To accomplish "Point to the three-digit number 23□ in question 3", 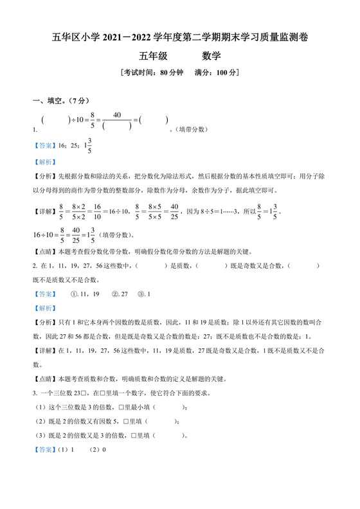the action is pos(82,393).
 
